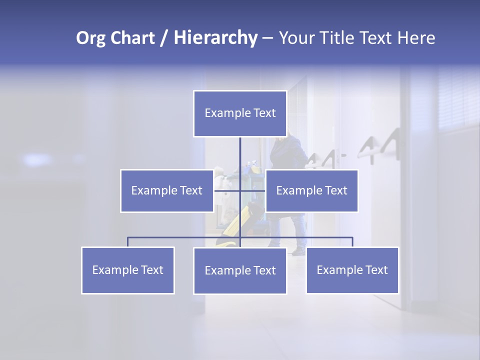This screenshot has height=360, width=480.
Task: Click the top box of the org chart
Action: [240, 113]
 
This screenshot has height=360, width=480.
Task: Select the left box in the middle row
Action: [167, 190]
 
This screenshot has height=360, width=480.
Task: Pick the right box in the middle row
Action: [311, 190]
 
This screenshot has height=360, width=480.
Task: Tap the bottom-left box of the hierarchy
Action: [128, 270]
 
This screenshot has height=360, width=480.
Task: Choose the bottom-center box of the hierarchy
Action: [240, 270]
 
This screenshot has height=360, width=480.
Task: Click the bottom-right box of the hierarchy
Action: [352, 270]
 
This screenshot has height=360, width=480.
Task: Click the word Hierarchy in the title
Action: [215, 38]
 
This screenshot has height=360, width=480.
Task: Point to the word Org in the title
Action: [90, 38]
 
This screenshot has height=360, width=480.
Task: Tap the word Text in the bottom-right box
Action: [376, 270]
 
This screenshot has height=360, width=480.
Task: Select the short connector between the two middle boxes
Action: [227, 190]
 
